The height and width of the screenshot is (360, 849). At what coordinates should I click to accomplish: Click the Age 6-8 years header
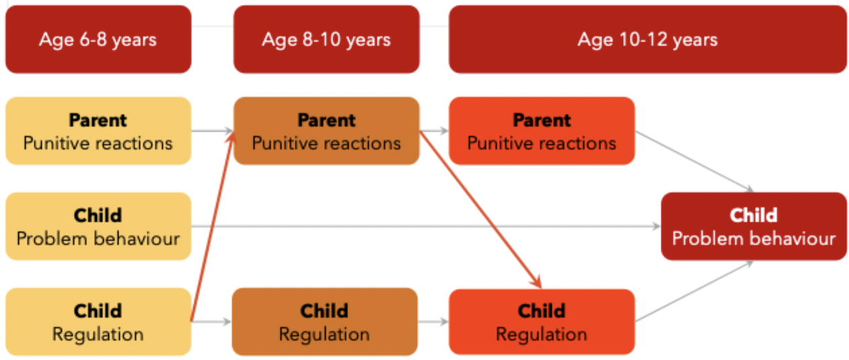click(x=98, y=39)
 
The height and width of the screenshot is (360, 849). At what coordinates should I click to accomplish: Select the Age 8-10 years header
click(x=326, y=39)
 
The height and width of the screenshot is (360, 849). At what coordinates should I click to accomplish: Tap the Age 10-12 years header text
click(x=647, y=39)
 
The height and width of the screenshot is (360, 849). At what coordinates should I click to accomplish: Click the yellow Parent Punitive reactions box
click(x=98, y=131)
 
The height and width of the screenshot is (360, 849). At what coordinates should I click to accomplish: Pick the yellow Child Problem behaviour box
click(x=98, y=227)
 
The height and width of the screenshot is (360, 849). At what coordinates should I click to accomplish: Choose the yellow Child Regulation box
click(x=98, y=322)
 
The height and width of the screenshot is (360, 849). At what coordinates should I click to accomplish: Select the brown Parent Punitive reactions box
click(x=326, y=131)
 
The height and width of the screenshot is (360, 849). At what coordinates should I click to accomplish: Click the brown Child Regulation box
click(x=325, y=322)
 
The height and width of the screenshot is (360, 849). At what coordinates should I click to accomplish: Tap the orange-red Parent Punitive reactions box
click(x=542, y=131)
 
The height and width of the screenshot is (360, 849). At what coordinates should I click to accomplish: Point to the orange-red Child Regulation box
click(x=542, y=322)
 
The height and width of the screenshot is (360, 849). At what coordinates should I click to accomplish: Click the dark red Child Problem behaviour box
click(x=753, y=227)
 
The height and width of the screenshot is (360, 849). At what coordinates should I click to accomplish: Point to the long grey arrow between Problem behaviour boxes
click(x=424, y=227)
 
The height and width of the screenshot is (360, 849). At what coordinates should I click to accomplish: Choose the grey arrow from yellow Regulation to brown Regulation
click(x=211, y=322)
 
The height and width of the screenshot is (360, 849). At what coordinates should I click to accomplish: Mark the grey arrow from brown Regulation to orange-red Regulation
click(x=433, y=322)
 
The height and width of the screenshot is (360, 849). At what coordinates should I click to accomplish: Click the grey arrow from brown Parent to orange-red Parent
click(x=434, y=131)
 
